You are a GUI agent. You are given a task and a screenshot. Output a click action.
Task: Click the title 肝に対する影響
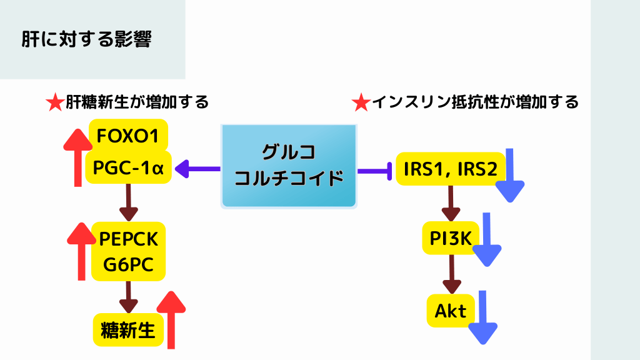tap(87, 39)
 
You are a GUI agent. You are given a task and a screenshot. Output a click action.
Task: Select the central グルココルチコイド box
tap(289, 166)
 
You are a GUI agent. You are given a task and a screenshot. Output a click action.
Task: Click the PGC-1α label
tap(128, 167)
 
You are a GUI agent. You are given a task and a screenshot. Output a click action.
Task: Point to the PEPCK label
tap(129, 239)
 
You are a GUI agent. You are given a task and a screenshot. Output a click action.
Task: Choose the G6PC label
tap(129, 265)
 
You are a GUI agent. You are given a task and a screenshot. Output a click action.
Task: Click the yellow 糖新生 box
tap(128, 329)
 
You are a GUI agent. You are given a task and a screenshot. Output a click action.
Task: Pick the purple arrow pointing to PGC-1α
tap(196, 168)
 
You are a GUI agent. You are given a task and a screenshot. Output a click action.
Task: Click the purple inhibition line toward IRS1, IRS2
tap(374, 170)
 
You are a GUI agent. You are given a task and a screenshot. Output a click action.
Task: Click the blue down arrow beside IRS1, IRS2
tap(510, 176)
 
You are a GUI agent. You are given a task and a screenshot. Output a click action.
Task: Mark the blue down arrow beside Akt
tap(482, 317)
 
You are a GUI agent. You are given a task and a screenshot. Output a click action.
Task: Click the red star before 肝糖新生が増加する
tap(55, 102)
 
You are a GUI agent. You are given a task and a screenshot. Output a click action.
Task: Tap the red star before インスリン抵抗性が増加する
tap(361, 102)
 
